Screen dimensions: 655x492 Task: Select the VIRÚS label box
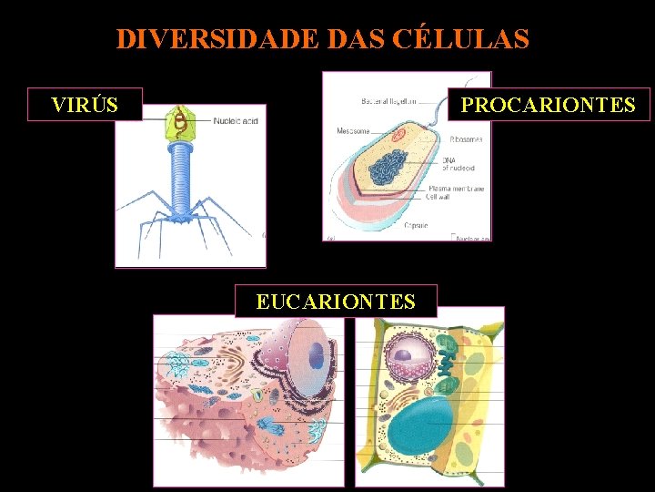click(x=85, y=105)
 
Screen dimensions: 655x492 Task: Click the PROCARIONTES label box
click(x=548, y=105)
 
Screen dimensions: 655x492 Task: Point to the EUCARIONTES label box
click(x=336, y=301)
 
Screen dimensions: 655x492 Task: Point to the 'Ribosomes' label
click(x=466, y=139)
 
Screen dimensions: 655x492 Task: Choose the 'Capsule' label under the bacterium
click(x=416, y=225)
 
